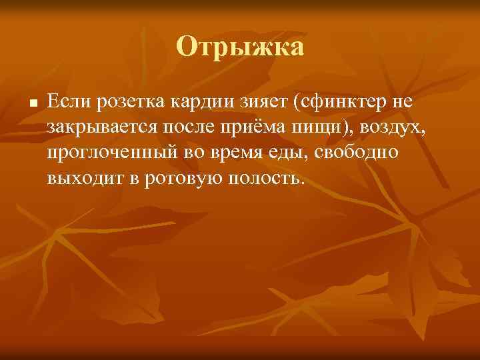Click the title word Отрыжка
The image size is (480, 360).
coord(240,47)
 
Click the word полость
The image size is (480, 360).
coord(266,178)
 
